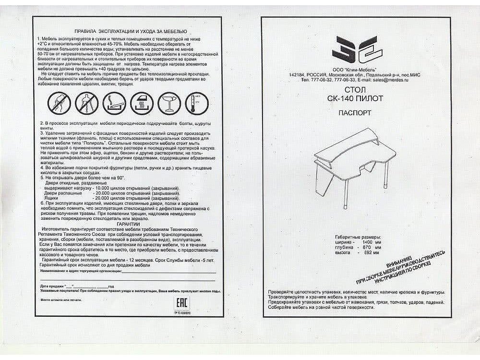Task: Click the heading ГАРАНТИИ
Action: (x=128, y=224)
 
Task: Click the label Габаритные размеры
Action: (x=358, y=238)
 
